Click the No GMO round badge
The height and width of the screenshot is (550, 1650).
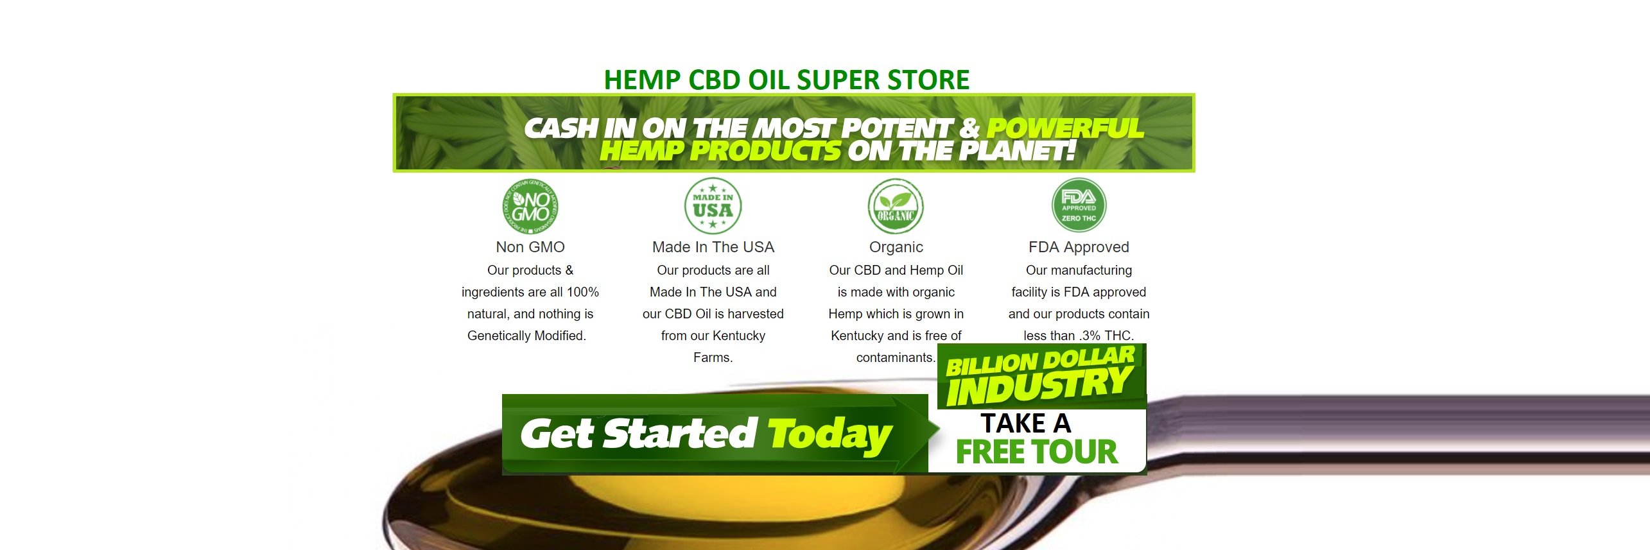click(530, 207)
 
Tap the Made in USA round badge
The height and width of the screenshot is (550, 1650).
click(713, 206)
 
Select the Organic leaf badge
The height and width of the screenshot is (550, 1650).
click(896, 206)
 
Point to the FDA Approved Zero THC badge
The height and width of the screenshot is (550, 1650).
click(1079, 206)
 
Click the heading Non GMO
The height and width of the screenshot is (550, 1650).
click(530, 247)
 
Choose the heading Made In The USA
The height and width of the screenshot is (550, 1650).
click(713, 247)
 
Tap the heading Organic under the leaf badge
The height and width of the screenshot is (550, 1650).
click(896, 247)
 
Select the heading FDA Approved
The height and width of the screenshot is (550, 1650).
click(1079, 247)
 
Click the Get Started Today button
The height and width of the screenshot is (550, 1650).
click(706, 434)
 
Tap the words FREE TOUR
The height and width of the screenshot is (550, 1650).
click(1037, 452)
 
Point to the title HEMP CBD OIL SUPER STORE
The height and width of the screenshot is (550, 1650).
click(786, 80)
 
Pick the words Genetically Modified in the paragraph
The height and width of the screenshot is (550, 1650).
click(526, 336)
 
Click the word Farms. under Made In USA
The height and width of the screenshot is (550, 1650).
click(713, 357)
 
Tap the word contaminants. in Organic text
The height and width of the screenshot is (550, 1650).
click(896, 357)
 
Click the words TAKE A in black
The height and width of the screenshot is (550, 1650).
click(1025, 424)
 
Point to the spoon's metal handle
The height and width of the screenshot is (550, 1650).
click(1412, 424)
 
